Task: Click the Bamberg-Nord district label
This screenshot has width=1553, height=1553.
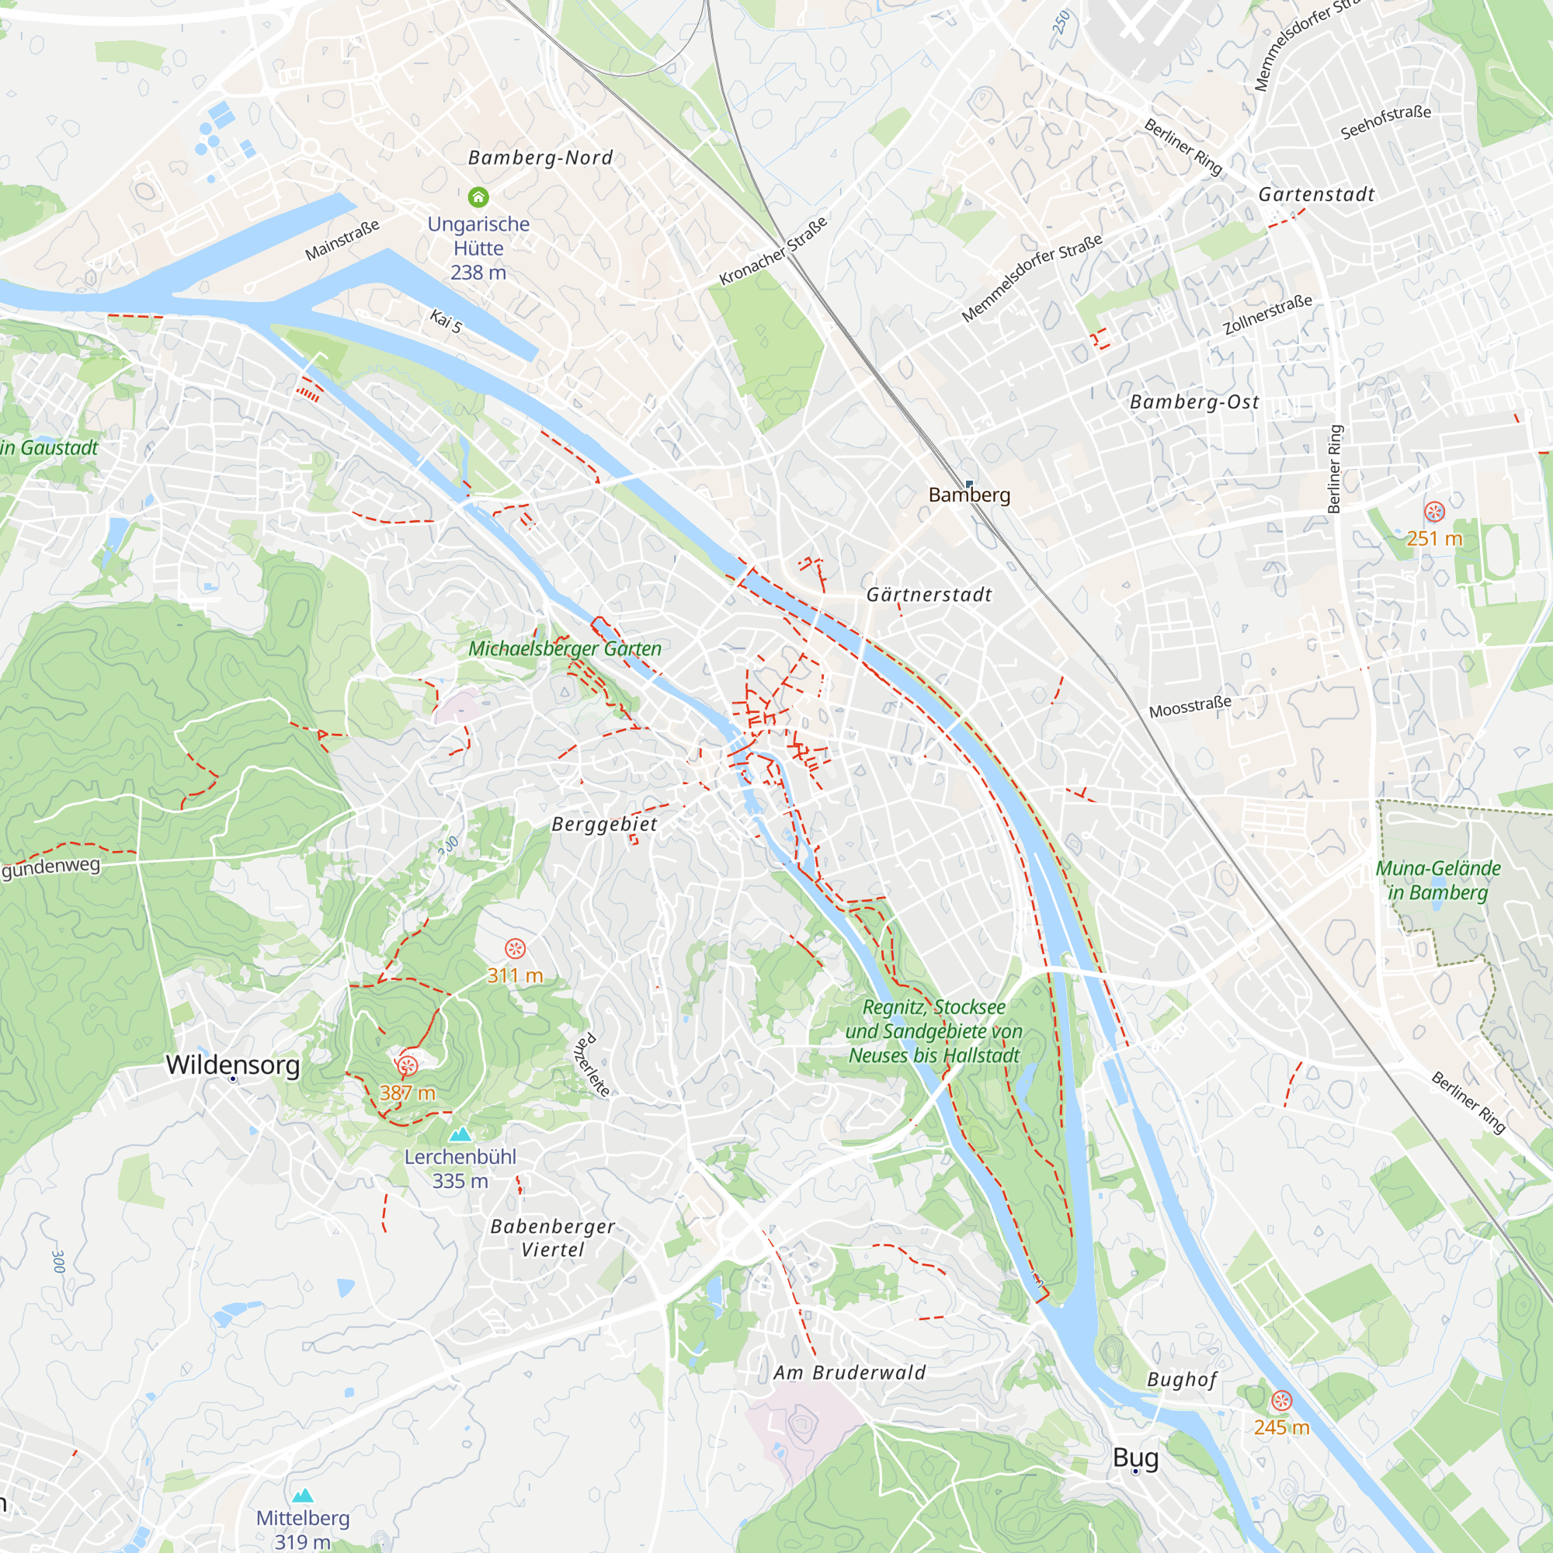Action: [x=540, y=158]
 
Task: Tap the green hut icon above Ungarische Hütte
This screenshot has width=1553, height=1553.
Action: [x=478, y=197]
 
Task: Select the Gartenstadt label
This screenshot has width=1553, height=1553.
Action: [x=1316, y=195]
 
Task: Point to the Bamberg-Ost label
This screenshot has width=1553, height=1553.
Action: [x=1194, y=402]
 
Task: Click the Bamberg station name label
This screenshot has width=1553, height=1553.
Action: [x=968, y=495]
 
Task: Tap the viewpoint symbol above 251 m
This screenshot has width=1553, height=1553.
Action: [x=1434, y=511]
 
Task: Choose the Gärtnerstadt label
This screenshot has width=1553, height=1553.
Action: [x=929, y=595]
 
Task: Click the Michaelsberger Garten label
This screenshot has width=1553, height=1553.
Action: [x=565, y=648]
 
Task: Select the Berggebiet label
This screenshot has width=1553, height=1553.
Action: [x=604, y=825]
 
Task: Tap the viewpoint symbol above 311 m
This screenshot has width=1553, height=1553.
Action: [x=515, y=949]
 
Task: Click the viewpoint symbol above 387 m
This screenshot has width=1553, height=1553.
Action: [x=408, y=1066]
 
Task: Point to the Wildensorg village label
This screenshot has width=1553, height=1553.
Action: [x=233, y=1065]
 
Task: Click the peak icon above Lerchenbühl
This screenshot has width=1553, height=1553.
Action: [x=460, y=1134]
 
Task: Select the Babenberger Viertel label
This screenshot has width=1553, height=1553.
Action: [x=552, y=1238]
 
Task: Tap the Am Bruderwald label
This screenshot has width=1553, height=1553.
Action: [x=849, y=1373]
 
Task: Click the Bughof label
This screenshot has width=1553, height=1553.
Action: [x=1182, y=1380]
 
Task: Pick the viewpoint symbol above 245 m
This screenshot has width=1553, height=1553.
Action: [x=1281, y=1401]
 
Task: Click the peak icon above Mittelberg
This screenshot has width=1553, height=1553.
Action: [x=302, y=1495]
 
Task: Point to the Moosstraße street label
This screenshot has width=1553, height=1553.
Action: [x=1190, y=707]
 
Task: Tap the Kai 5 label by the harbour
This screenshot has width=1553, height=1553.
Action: [x=446, y=321]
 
